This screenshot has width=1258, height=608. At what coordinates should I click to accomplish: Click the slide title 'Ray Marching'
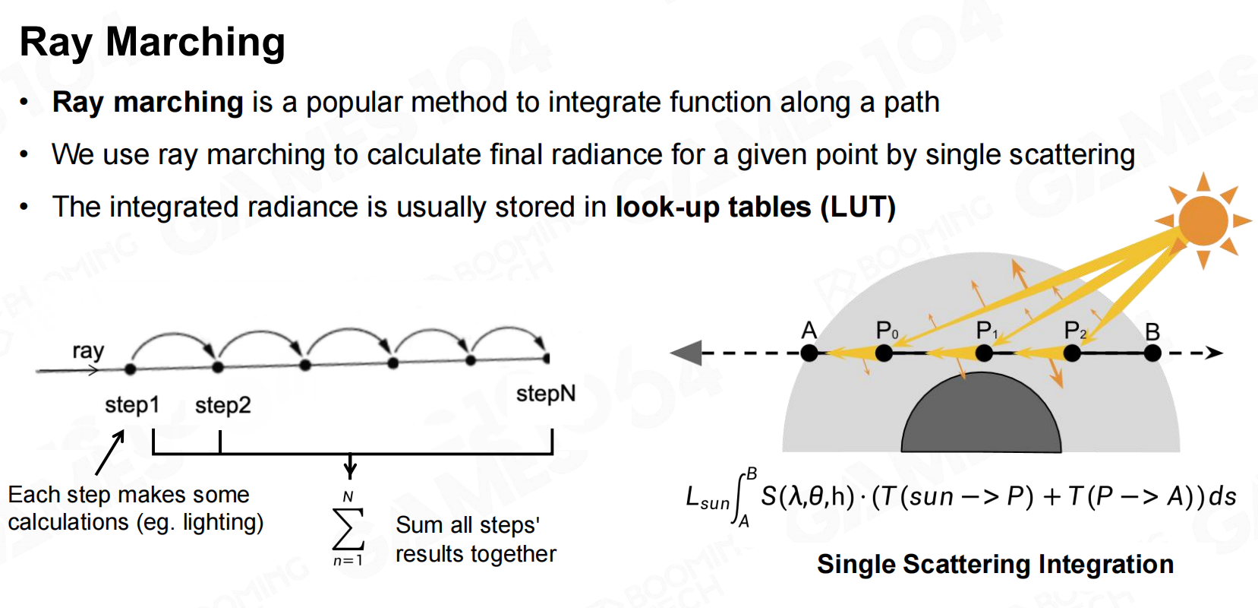point(152,43)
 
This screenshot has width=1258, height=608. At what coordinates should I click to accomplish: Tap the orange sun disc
point(1203,221)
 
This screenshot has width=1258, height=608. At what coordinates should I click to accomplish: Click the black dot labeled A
point(809,353)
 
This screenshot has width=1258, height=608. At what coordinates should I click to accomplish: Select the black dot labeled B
point(1152,353)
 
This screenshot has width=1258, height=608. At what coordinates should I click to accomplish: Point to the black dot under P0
point(884,353)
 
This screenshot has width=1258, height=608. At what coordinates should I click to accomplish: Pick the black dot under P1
point(984,353)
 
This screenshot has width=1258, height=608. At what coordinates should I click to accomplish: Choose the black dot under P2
point(1072,353)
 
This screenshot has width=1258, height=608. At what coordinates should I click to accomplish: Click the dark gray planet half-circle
point(981,416)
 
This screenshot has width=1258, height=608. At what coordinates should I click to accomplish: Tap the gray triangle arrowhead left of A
point(686,353)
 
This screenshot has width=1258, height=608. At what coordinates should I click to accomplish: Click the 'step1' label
point(132,405)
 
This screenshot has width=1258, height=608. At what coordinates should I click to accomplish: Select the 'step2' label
point(223,405)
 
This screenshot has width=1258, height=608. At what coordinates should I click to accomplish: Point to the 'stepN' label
point(546,394)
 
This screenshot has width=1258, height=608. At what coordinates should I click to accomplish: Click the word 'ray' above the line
point(88,351)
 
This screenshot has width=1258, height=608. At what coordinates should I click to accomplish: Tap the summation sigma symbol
point(348,529)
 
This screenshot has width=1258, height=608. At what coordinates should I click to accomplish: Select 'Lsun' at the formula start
point(707,499)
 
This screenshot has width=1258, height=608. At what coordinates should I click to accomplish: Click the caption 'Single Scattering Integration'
point(995,564)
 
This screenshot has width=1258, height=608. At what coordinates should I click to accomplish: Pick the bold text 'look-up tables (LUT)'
point(755,207)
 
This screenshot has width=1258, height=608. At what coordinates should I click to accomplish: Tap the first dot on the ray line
point(131,369)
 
